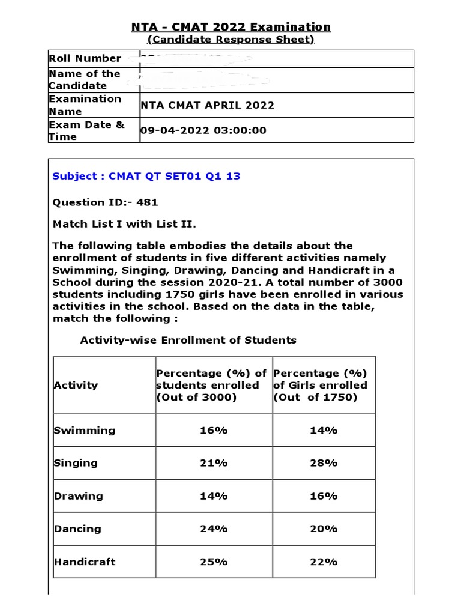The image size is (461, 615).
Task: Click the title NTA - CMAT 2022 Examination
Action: [231, 27]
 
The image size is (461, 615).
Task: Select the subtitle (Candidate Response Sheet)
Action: [231, 40]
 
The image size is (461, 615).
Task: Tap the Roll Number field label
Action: [85, 58]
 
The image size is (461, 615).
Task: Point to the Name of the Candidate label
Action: [85, 79]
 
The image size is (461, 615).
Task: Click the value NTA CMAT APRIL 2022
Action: [207, 105]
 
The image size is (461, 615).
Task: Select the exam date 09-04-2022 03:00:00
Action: [203, 130]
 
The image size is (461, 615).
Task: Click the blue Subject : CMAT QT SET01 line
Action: [146, 176]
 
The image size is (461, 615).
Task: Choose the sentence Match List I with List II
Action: [124, 224]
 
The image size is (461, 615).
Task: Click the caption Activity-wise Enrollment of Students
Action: [188, 340]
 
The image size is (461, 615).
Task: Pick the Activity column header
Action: [76, 385]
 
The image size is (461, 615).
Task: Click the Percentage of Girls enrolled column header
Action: [321, 385]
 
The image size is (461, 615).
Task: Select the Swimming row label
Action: [84, 430]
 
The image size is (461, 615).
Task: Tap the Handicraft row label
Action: [85, 562]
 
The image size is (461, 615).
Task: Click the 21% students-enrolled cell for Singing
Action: [214, 463]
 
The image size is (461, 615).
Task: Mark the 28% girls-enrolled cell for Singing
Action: [324, 463]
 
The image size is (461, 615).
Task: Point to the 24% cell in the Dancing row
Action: [214, 529]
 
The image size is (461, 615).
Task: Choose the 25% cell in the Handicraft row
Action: [214, 562]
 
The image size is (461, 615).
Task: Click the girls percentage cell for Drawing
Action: [324, 496]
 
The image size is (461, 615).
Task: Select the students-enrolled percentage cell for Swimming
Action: [214, 430]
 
